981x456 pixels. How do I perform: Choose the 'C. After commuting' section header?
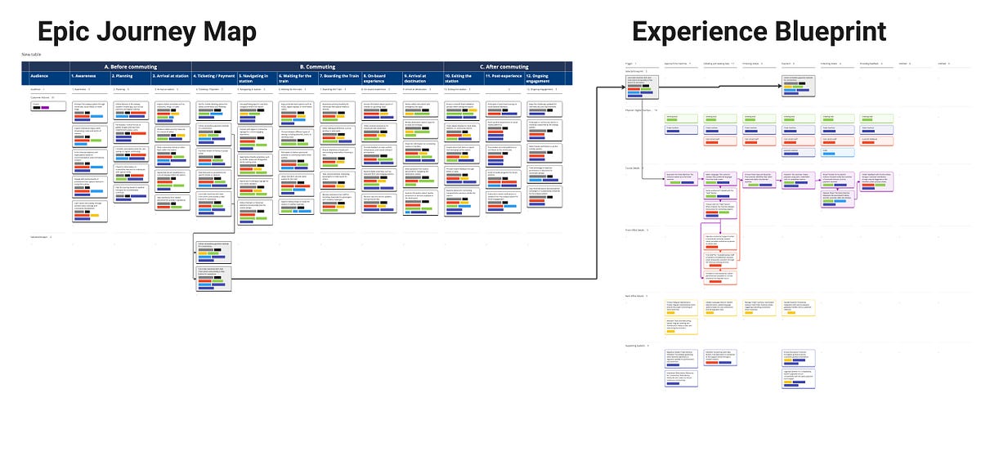pos(505,66)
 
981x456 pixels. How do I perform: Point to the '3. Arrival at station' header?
pos(171,76)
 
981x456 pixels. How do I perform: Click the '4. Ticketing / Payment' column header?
pos(213,76)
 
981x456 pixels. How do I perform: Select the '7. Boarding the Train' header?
pos(338,76)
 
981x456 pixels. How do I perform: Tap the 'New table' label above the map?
pos(31,55)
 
